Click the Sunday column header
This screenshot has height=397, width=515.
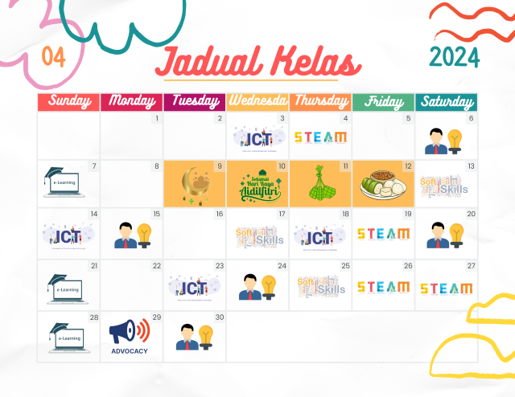68,101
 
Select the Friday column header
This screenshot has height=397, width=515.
383,101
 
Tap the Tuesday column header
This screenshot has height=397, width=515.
194,101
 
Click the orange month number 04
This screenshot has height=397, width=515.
53,56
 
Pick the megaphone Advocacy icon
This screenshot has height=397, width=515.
130,335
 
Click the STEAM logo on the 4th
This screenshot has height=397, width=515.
320,137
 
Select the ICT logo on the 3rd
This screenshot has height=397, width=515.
258,137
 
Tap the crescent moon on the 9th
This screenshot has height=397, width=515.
193,183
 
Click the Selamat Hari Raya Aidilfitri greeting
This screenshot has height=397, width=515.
257,186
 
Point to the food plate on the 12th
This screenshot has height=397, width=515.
382,186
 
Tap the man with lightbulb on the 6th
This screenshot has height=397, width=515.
445,140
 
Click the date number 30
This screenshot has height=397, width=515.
218,317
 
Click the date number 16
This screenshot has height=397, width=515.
218,215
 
